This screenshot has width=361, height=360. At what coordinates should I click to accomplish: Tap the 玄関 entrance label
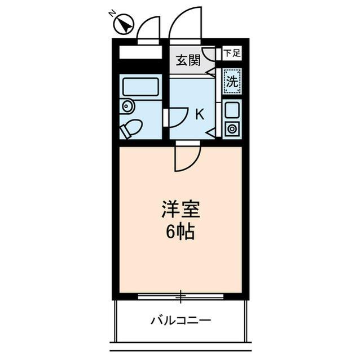[x=187, y=60]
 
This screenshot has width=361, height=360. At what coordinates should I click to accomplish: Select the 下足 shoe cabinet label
[x=231, y=54]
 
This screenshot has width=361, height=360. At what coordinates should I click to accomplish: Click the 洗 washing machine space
[x=232, y=81]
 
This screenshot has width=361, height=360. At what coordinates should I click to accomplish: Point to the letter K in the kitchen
[x=199, y=114]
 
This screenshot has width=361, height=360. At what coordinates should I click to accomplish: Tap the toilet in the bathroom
[x=131, y=128]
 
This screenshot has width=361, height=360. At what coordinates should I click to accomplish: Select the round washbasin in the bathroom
[x=126, y=105]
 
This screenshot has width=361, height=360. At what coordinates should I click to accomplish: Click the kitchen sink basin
[x=232, y=110]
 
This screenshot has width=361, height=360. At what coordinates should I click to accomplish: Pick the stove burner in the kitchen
[x=232, y=128]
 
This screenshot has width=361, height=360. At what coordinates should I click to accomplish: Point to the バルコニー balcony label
[x=180, y=321]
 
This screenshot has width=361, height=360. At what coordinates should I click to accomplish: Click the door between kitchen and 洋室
[x=186, y=158]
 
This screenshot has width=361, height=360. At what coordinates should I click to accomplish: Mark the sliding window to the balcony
[x=180, y=294]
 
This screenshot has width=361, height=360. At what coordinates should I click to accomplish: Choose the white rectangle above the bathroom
[x=140, y=52]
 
